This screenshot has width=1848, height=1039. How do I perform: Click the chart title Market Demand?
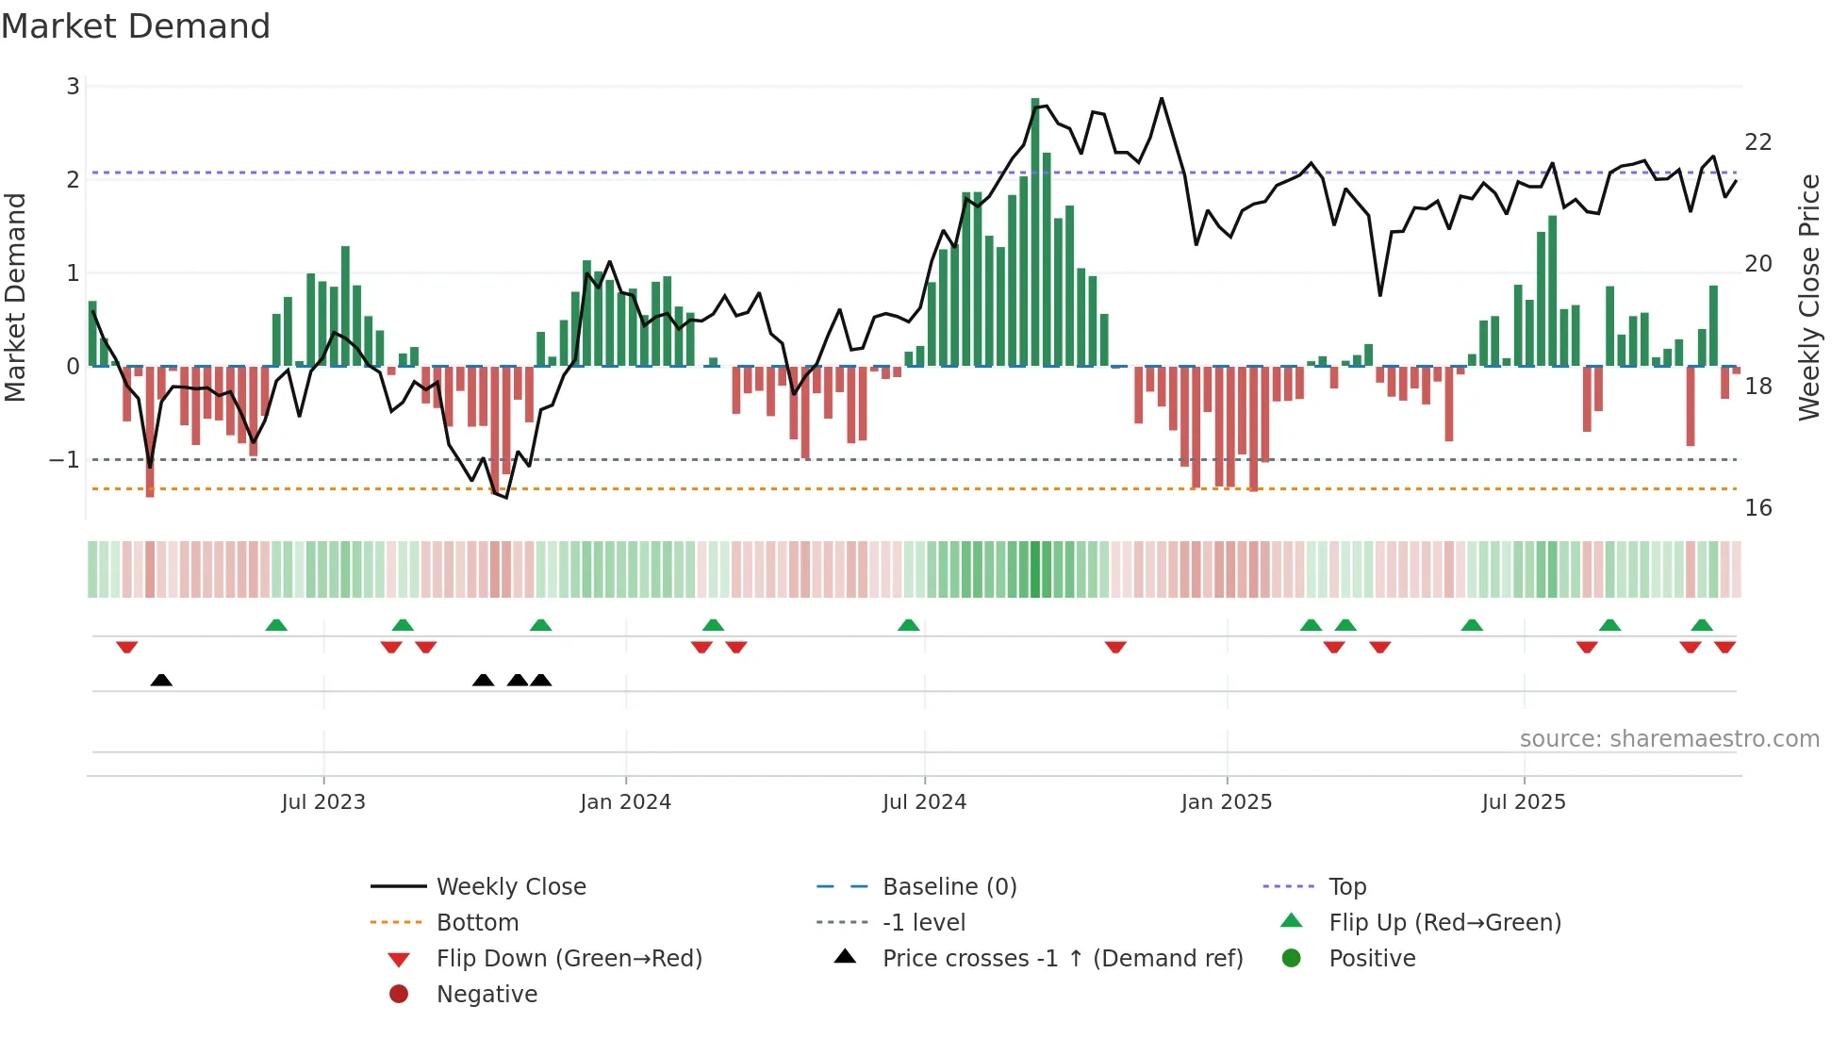136,26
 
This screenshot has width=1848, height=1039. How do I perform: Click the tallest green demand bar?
1035,231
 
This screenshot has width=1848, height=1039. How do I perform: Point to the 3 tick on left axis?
73,87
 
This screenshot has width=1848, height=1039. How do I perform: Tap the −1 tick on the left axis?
65,460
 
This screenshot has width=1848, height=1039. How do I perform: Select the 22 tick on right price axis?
1757,142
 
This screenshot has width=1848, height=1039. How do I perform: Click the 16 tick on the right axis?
1757,508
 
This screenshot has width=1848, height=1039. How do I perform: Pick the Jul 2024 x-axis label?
924,802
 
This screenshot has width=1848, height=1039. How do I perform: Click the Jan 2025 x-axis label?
1226,802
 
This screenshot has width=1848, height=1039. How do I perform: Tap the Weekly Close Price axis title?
1808,297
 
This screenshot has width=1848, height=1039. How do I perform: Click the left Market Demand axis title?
16,297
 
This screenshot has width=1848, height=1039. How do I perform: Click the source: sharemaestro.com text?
1669,739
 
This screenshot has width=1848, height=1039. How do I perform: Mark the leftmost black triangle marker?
161,680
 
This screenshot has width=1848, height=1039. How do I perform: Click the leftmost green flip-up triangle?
276,625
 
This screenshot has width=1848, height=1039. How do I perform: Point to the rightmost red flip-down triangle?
1724,647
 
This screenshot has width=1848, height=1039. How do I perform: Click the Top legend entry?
1346,887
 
